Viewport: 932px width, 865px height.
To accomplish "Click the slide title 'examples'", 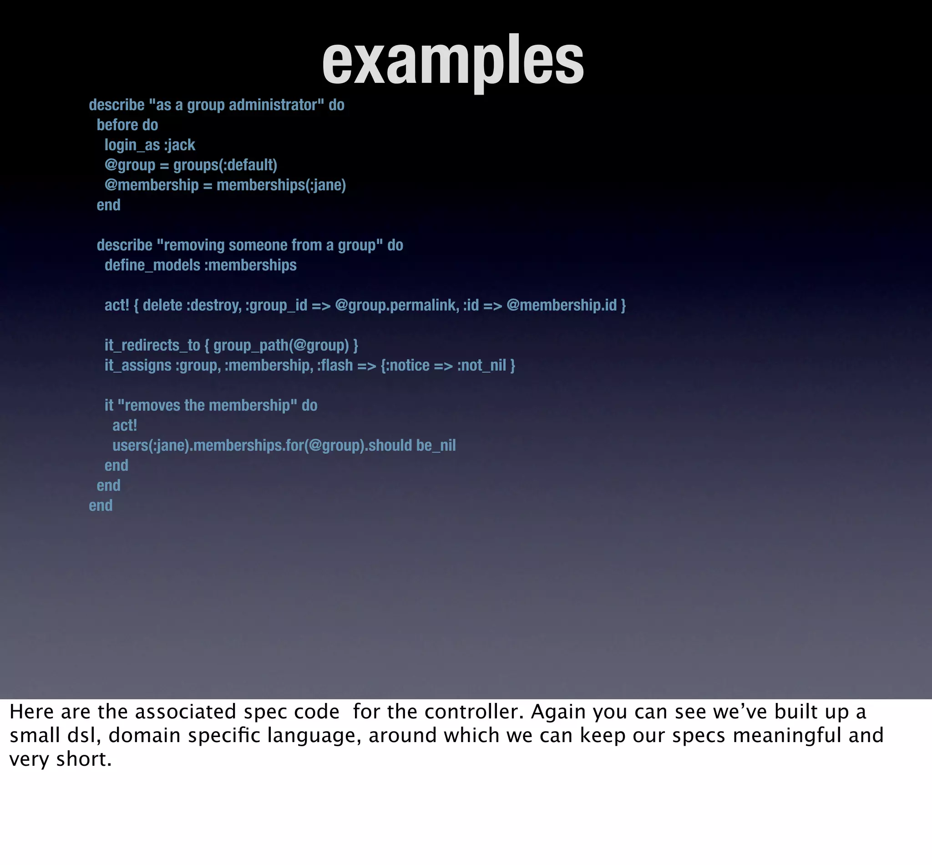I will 453,61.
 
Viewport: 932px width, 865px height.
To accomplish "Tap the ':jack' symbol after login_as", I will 180,145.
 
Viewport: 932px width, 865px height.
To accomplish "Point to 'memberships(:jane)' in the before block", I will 281,185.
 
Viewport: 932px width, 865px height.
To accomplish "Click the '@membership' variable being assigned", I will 152,185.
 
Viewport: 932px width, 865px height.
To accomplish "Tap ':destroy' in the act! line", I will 214,305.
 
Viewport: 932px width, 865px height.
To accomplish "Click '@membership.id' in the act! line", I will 562,305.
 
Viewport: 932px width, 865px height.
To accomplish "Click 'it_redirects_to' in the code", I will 152,346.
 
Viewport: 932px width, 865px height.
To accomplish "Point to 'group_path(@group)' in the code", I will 281,346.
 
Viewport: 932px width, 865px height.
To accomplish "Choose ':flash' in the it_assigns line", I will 335,365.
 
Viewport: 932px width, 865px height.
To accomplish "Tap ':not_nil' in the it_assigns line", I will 481,365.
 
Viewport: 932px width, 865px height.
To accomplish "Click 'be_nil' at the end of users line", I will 436,445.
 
